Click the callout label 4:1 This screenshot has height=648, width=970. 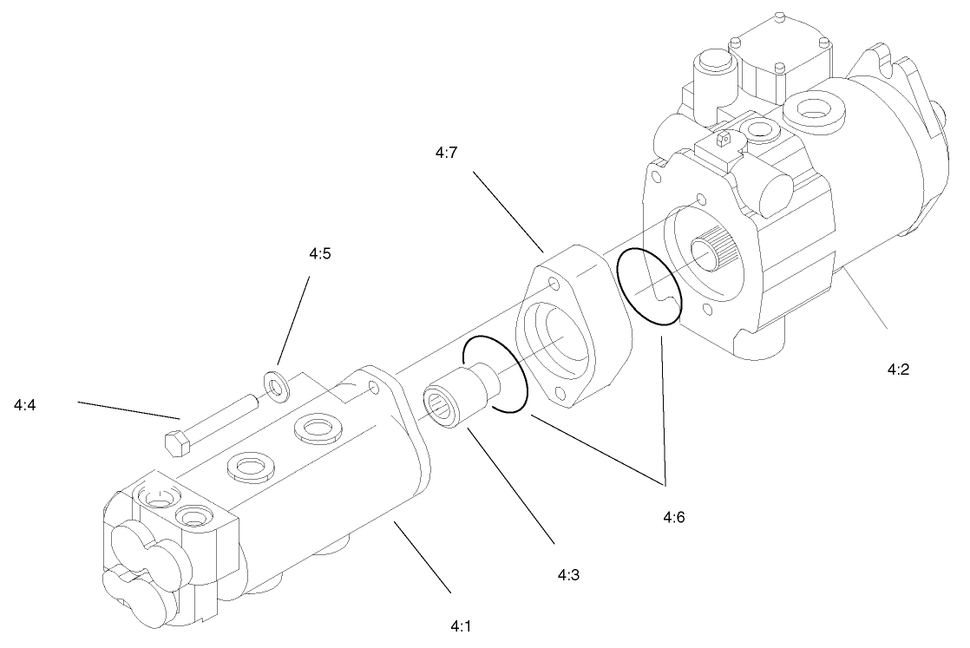(x=461, y=624)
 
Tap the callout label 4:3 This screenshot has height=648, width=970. (x=568, y=574)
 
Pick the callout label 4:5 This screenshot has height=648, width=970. (x=320, y=254)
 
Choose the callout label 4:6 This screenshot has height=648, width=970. (x=675, y=518)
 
